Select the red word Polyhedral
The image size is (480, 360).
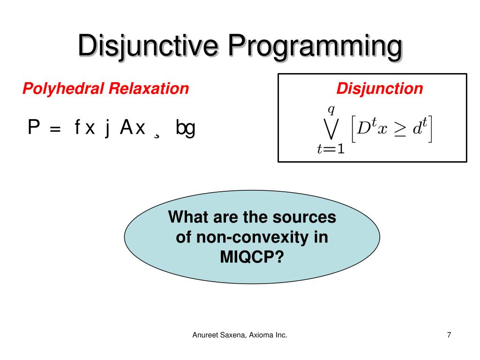point(64,88)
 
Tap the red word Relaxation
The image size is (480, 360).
point(149,88)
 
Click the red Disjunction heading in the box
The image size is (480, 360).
point(380,88)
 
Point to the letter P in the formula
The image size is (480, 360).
point(33,127)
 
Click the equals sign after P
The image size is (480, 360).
point(55,129)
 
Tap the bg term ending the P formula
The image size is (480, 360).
point(185,128)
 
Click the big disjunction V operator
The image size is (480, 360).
point(330,131)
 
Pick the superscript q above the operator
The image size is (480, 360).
point(331,110)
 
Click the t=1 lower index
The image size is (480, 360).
point(330,150)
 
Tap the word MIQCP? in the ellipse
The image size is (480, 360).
point(252,257)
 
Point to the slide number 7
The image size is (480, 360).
point(449,335)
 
